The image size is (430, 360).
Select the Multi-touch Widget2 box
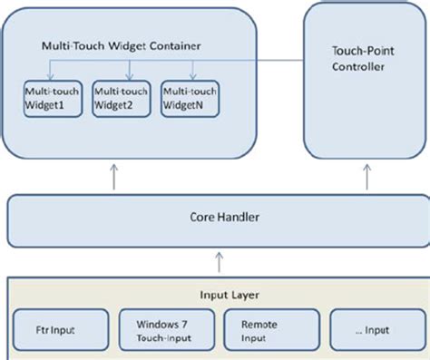(121, 99)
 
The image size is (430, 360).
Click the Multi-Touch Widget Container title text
(122, 44)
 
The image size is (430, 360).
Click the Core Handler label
(214, 218)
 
